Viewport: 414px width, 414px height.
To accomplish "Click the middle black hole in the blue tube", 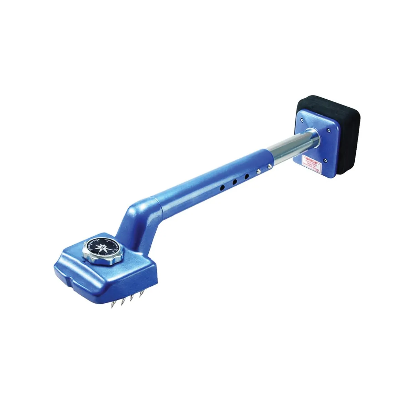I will pos(234,181).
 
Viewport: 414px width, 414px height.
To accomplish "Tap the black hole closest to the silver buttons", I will pos(246,176).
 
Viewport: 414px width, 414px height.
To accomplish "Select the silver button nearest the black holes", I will pos(258,170).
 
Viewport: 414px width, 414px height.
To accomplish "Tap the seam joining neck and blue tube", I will pos(158,204).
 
